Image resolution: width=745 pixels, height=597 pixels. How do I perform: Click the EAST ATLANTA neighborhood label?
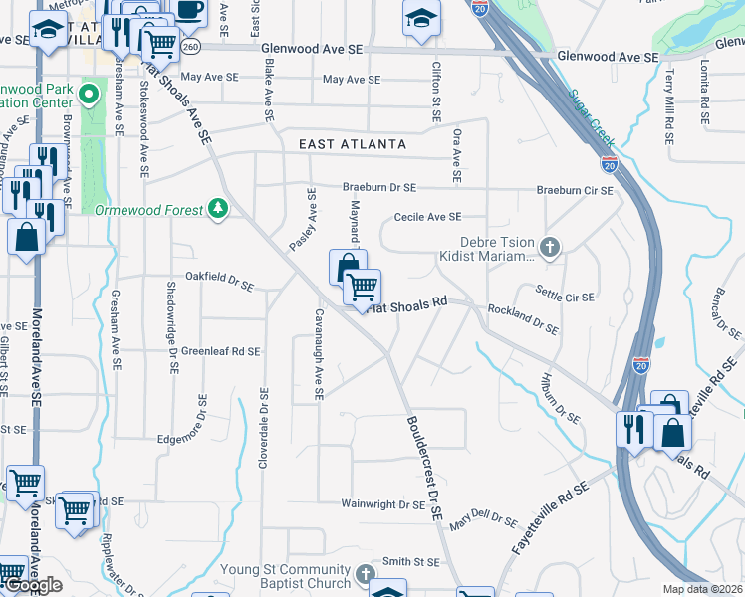click(x=353, y=144)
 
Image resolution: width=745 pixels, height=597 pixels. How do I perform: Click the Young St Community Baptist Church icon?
click(x=366, y=575)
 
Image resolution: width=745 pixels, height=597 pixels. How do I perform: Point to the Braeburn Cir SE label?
click(x=575, y=190)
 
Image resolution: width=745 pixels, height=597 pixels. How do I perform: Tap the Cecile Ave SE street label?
click(x=428, y=217)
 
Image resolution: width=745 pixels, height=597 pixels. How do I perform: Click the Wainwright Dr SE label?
click(x=384, y=505)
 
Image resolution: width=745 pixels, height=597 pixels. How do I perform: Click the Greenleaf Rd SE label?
click(x=220, y=351)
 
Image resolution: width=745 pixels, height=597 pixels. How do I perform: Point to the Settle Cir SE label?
click(x=565, y=297)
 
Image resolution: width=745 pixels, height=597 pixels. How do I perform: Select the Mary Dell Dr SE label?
click(x=483, y=524)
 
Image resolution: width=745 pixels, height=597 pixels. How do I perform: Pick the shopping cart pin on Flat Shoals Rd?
click(x=363, y=287)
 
